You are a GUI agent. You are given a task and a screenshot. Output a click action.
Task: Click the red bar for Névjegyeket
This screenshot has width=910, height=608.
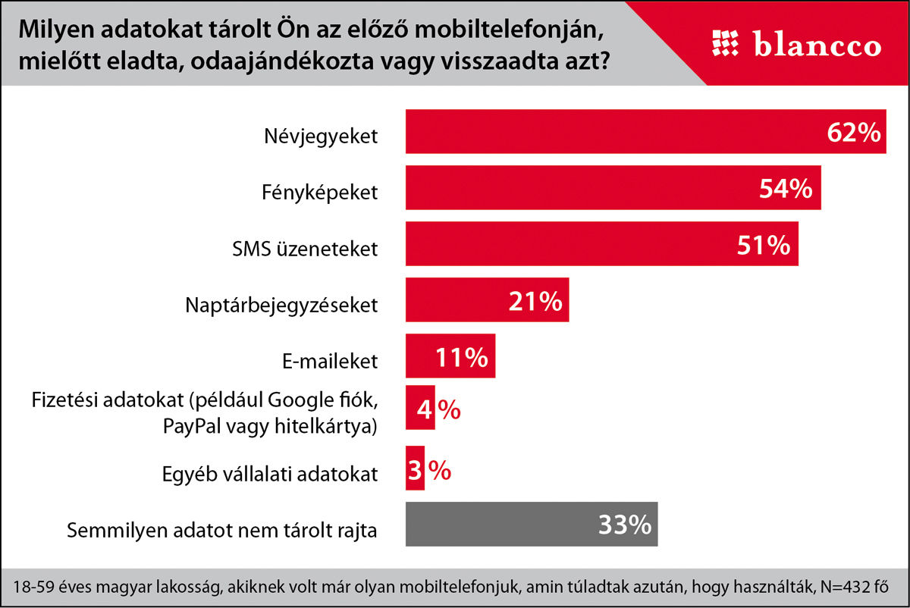(607, 132)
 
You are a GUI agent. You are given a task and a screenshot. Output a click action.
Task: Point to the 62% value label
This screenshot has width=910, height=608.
(853, 133)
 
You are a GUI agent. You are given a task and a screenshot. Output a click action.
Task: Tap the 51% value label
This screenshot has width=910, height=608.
(762, 245)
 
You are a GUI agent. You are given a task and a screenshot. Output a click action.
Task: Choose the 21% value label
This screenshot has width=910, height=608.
(534, 301)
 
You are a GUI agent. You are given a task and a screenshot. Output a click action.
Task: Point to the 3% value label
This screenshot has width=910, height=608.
(429, 471)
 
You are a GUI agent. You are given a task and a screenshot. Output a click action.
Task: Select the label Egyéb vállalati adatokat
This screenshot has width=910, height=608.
(269, 475)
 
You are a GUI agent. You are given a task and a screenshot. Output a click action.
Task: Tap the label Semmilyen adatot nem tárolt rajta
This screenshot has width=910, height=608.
(222, 530)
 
